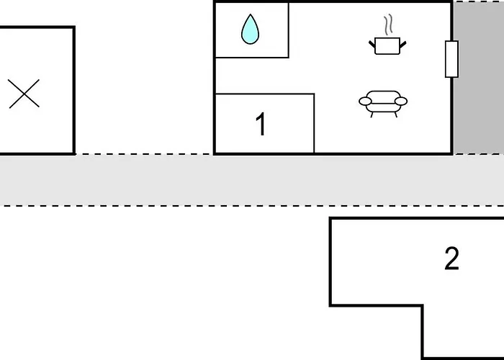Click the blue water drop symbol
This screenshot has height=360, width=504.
[250, 31]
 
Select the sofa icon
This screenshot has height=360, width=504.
[383, 102]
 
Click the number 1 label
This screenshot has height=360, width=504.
[261, 125]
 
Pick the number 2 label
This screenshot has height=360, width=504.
[451, 258]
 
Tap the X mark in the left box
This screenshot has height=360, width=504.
[24, 94]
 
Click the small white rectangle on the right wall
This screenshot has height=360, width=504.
[451, 59]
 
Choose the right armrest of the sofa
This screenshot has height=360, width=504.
[402, 101]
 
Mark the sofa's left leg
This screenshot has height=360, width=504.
[372, 114]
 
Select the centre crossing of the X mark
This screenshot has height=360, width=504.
[24, 94]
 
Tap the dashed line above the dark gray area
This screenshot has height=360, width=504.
[478, 2]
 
